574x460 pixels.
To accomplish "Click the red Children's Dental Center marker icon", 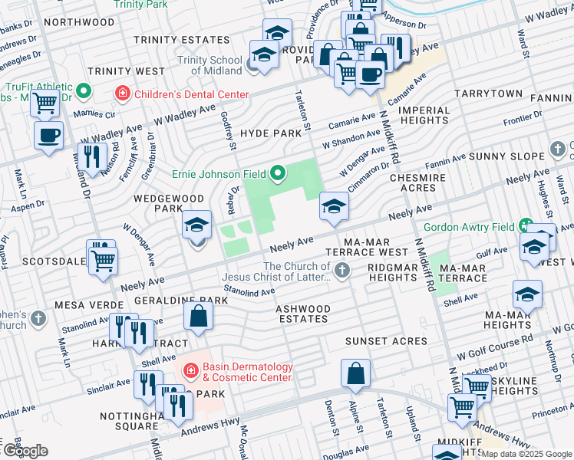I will pyautogui.click(x=122, y=94).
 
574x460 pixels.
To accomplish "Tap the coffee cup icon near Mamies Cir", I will pyautogui.click(x=49, y=136).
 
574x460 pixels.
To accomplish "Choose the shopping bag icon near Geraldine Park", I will pyautogui.click(x=198, y=315).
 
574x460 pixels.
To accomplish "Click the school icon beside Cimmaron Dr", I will pyautogui.click(x=334, y=206).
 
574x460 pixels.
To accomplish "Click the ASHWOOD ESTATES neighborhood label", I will pyautogui.click(x=303, y=314).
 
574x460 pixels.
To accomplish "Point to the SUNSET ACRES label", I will pyautogui.click(x=386, y=340).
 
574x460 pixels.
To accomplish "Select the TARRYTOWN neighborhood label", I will pyautogui.click(x=488, y=94).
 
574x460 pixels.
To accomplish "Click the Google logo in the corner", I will pyautogui.click(x=25, y=450).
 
